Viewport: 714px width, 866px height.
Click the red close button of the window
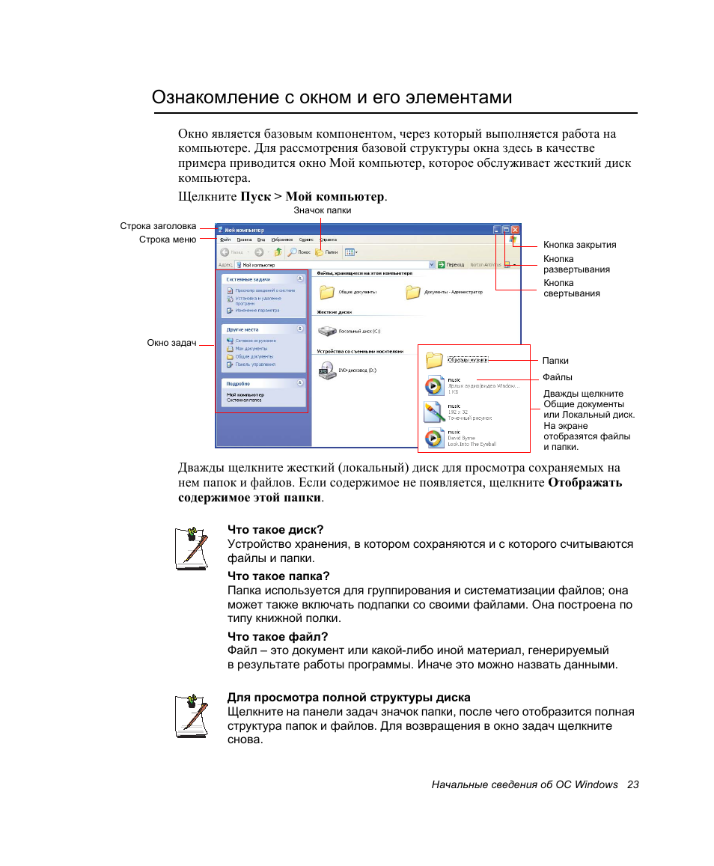(x=515, y=231)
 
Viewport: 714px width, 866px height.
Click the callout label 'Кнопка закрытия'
(x=579, y=245)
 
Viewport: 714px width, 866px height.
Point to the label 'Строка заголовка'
(x=158, y=226)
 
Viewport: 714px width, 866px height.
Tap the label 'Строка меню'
(x=168, y=240)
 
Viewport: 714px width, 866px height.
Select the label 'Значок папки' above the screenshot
(x=322, y=210)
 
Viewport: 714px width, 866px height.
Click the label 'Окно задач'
(x=171, y=343)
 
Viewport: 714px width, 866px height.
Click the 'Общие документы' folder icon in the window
(x=326, y=292)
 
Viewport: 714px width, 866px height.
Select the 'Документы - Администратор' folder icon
(x=413, y=292)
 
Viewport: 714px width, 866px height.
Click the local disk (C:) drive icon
(x=327, y=330)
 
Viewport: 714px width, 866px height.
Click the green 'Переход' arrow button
(x=442, y=264)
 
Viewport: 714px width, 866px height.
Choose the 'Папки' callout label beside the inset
(x=555, y=361)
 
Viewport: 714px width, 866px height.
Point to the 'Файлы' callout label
(x=558, y=377)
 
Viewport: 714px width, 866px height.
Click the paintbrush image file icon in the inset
(x=434, y=411)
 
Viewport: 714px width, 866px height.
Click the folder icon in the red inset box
(x=435, y=360)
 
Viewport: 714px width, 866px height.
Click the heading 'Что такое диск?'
(x=275, y=530)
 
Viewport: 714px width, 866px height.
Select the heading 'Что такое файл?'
(x=278, y=637)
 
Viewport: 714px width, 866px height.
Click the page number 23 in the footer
(x=633, y=784)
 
